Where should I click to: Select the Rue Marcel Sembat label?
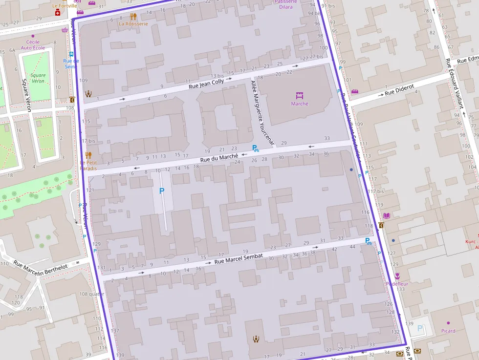239,259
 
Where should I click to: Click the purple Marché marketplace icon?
300,95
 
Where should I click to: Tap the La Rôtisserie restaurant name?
133,23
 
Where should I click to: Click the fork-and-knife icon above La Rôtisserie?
133,16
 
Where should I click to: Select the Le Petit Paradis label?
88,165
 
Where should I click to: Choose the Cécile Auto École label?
33,45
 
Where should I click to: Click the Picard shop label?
448,331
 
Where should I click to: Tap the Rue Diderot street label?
399,90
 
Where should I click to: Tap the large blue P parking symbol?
162,191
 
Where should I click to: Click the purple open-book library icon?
387,215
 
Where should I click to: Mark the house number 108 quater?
91,294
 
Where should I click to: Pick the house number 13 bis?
217,76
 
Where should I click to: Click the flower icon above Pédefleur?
397,276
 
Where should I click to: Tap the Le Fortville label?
65,6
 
